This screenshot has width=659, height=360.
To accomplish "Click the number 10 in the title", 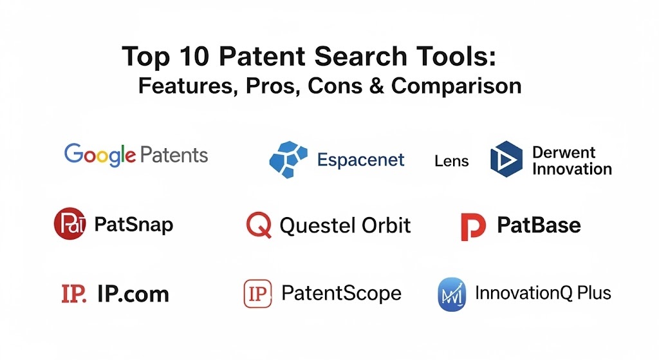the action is [194, 56].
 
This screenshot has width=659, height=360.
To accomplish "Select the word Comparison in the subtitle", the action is [456, 86].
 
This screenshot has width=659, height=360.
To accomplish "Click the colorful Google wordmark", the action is [100, 155].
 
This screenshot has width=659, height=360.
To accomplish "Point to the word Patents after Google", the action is [174, 155].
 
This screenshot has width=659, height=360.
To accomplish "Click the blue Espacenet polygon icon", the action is [288, 160].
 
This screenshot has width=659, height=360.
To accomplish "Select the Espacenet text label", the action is [360, 160].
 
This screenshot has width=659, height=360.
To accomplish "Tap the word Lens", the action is [451, 160].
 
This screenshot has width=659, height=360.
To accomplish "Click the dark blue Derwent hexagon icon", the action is [506, 159].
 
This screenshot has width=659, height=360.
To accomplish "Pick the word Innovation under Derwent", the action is [572, 169].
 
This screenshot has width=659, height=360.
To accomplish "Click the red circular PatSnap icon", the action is [70, 223].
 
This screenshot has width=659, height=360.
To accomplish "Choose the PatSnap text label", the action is [134, 225].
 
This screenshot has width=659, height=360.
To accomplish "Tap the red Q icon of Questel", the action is [259, 225].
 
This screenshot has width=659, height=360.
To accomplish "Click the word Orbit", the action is [386, 225].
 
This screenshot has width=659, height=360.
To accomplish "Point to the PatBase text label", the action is [539, 225].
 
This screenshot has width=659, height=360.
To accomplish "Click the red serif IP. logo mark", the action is [73, 294].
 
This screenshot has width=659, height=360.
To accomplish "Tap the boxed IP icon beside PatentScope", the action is [257, 294].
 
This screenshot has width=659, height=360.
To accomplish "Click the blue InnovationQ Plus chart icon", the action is [452, 294].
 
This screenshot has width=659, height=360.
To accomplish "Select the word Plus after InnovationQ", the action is [594, 293].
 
